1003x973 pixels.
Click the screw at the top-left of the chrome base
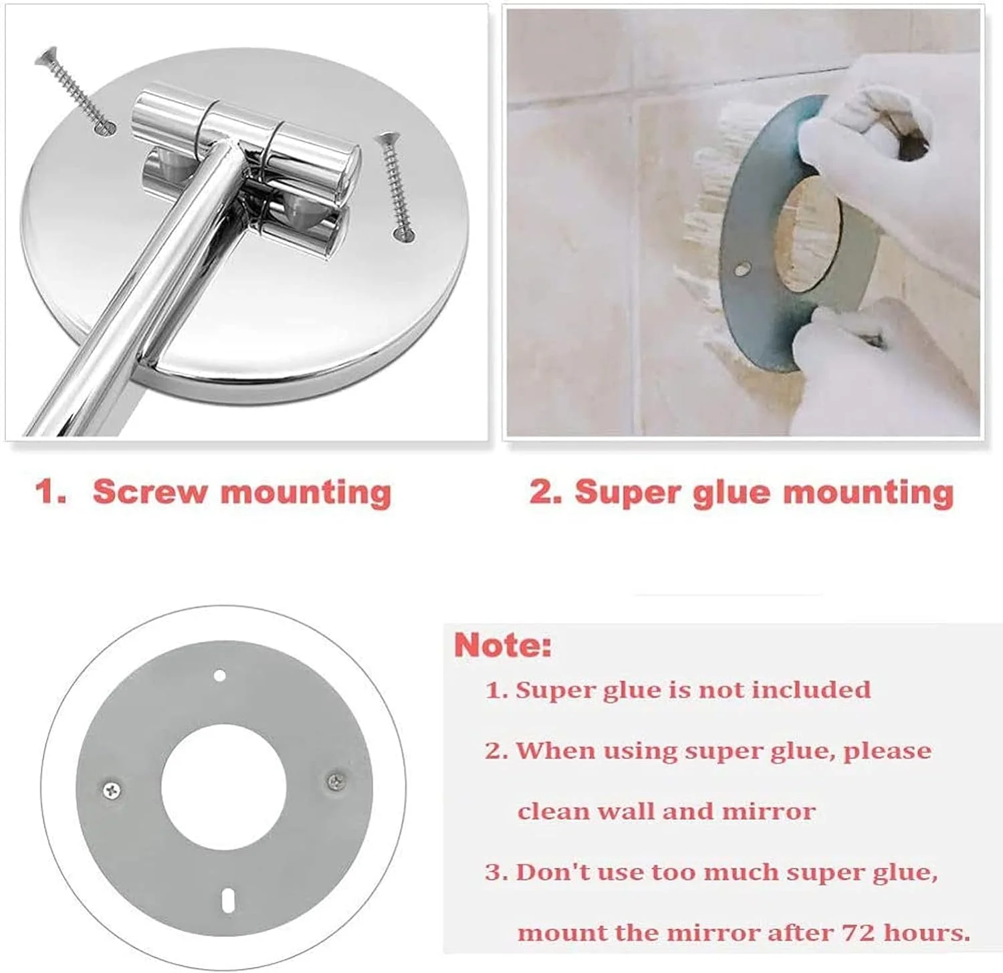click(x=74, y=90)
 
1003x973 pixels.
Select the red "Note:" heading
click(x=503, y=645)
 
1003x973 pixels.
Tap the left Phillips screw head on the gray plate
click(x=112, y=790)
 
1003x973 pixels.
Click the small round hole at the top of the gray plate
click(x=219, y=675)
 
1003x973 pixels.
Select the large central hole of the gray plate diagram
click(x=223, y=786)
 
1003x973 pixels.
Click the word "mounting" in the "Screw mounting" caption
click(x=306, y=494)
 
